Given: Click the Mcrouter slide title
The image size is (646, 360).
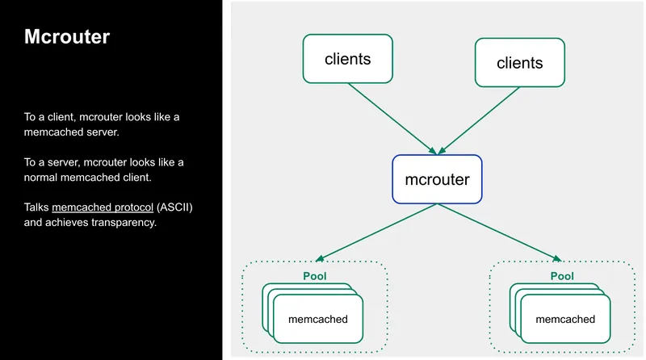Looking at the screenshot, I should pos(66,37).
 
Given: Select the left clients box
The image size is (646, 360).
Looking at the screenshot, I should pos(347,58).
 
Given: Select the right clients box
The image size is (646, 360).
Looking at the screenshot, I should pos(519,62).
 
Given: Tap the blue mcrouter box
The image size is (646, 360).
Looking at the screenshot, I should pos(436,178).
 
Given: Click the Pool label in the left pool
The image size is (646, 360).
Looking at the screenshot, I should pos(314,276).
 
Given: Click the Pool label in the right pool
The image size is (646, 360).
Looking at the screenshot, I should pos(562,276).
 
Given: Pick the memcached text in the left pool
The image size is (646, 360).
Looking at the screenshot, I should pos(317,319).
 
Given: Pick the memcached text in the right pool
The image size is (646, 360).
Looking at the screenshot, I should pos(565,319).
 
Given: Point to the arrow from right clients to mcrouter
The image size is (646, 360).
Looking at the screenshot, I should pos(480,119).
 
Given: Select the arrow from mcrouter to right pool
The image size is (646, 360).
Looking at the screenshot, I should pos(498,232).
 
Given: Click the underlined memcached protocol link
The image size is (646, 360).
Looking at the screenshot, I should pos(103,207).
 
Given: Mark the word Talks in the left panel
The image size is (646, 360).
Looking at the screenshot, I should pos(36,207).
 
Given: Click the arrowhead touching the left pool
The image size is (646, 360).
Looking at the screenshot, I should pos(320,259).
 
